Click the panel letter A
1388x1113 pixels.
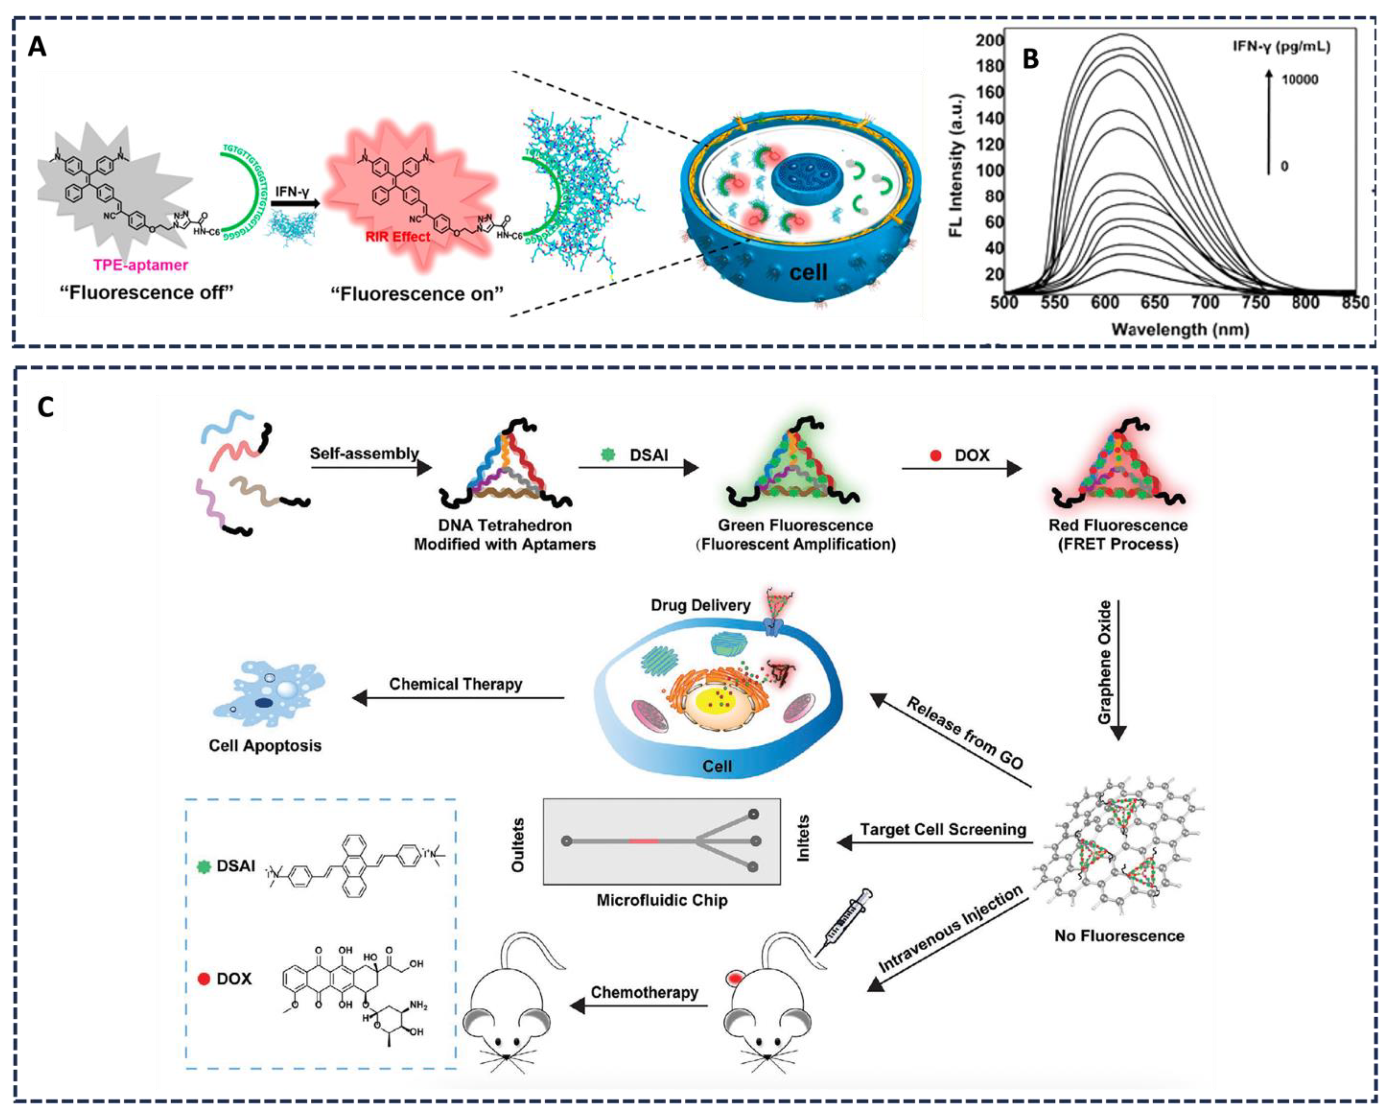pyautogui.click(x=37, y=47)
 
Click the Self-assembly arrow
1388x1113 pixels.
pyautogui.click(x=370, y=468)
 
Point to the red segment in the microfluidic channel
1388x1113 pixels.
pyautogui.click(x=644, y=841)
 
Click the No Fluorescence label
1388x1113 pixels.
pyautogui.click(x=1119, y=935)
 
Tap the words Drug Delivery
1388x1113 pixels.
pyautogui.click(x=701, y=605)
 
